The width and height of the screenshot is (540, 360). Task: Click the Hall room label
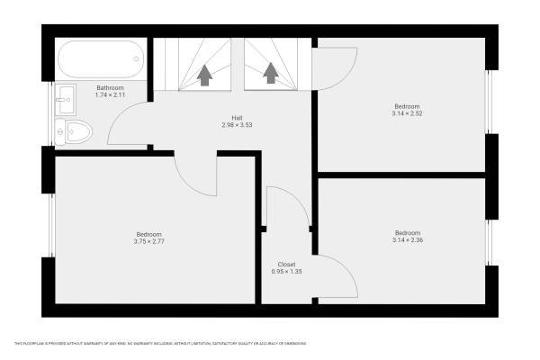coord(237,118)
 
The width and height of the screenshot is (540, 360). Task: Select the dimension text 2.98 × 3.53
coord(237,125)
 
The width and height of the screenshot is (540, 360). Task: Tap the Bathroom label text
coord(110,87)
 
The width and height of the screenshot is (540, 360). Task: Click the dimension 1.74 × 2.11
coord(110,94)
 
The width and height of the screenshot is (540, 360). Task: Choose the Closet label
coord(286,265)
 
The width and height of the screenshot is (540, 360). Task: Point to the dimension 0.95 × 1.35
coord(286,272)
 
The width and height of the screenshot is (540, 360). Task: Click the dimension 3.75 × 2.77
coord(148,241)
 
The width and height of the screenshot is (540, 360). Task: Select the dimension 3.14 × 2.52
coord(407,113)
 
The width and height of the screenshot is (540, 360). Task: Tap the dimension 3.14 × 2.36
coord(407,239)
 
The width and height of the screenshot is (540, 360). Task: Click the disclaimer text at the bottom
coord(160,343)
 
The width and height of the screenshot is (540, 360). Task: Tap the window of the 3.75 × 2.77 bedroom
coord(49,225)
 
